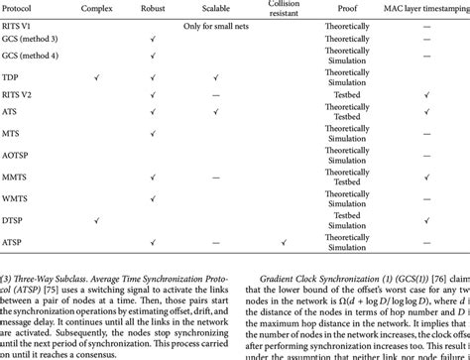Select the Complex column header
tap(95, 16)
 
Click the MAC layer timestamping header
tap(423, 16)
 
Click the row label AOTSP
tap(18, 155)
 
